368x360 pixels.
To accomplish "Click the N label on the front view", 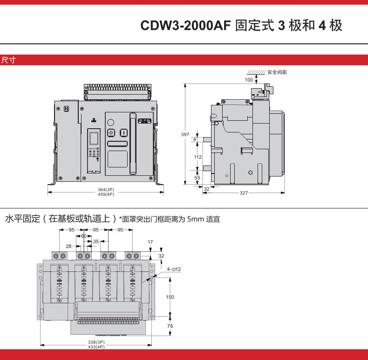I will point(66,109).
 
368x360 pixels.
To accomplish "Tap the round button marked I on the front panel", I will point(123,133).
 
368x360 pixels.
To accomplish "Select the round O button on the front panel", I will point(111,133).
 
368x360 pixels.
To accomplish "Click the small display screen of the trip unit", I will point(94,138).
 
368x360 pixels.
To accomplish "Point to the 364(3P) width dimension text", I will point(106,189).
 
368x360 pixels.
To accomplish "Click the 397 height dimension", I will point(185,135).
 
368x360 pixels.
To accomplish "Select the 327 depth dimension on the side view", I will point(244,193).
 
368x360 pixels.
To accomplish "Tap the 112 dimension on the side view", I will point(198,157).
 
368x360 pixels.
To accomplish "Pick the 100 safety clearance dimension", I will point(249,80).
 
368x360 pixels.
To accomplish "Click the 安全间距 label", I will point(277,72).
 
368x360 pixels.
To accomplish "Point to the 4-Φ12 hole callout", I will point(173,269).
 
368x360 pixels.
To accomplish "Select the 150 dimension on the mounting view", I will point(170,297).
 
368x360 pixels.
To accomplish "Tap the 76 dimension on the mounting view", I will point(170,326).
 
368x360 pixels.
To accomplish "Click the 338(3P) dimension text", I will point(96,342).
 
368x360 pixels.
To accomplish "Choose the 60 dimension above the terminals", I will point(84,236).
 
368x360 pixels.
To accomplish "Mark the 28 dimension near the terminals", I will point(68,246).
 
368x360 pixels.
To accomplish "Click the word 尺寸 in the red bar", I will point(9,60).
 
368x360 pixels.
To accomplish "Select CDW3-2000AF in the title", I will point(185,26).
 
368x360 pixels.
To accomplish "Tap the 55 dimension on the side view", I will point(198,178).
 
